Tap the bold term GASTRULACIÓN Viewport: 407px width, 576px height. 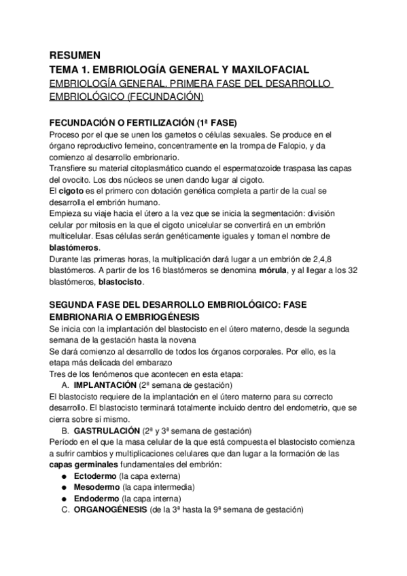tap(107, 431)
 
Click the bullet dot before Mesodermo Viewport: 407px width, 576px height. tap(63, 488)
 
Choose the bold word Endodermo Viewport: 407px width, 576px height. tap(95, 499)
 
